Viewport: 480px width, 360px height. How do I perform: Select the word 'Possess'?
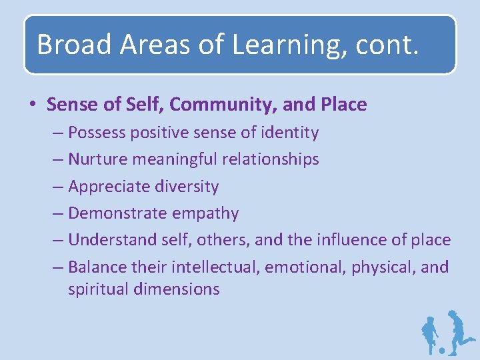[97, 133]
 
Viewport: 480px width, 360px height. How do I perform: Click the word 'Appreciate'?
[105, 187]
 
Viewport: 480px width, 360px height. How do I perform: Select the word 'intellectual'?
[215, 267]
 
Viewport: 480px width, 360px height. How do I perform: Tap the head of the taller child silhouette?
[453, 314]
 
